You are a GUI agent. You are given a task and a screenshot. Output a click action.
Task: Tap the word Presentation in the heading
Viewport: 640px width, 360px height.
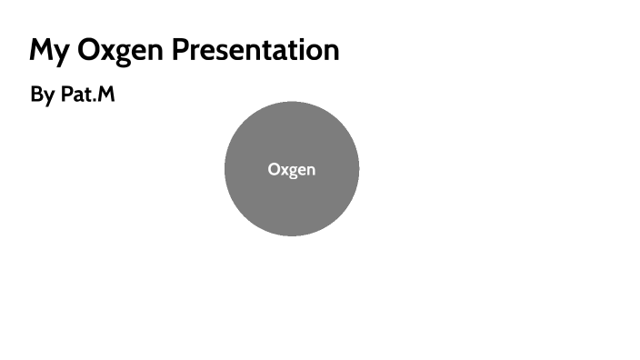[256, 50]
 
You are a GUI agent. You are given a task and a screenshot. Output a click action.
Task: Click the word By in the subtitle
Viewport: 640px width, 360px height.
[42, 95]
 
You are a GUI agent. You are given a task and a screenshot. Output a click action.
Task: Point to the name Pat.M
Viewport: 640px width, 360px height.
[88, 94]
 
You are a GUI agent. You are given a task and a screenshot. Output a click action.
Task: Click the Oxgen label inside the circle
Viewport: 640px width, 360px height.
[292, 169]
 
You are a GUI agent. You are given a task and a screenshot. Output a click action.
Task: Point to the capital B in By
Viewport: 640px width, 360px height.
[36, 94]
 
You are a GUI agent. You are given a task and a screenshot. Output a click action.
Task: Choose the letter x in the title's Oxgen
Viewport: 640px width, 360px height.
[111, 52]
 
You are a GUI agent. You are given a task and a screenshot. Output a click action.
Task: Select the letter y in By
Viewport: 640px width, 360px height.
[48, 97]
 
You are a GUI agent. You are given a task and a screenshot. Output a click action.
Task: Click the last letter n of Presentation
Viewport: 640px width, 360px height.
[331, 52]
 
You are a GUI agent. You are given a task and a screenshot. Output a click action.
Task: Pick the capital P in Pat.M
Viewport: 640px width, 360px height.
[66, 94]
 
